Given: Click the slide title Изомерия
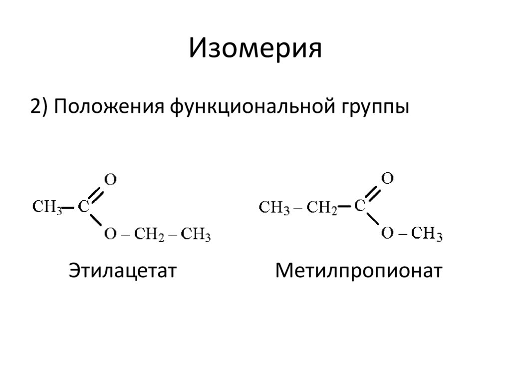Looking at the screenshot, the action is (255, 49).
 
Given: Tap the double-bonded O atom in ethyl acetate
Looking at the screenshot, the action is (110, 180).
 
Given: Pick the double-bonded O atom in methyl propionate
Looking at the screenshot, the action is (387, 178).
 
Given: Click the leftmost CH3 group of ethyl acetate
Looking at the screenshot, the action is (47, 207).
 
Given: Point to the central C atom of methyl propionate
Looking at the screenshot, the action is (360, 205).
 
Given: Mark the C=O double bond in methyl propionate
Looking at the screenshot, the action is (374, 192).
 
